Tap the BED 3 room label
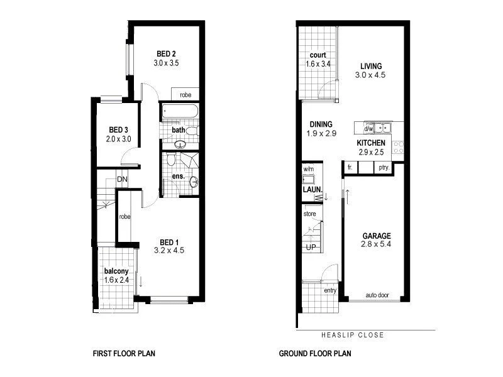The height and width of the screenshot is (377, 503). click(x=118, y=130)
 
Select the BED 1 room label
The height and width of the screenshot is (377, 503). click(x=169, y=242)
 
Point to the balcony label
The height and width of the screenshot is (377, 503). click(x=116, y=271)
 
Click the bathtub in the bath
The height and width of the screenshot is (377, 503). click(x=179, y=112)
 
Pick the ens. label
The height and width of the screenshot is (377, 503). click(x=178, y=177)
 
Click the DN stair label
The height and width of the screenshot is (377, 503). click(x=122, y=179)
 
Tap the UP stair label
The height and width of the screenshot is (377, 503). click(x=311, y=247)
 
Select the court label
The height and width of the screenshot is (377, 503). click(x=318, y=55)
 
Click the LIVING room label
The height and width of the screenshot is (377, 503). click(x=372, y=66)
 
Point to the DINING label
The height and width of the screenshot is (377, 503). click(x=321, y=124)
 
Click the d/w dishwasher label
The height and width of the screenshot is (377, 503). click(x=368, y=129)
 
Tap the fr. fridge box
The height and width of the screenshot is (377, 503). click(x=349, y=168)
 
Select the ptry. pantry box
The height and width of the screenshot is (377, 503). click(x=384, y=168)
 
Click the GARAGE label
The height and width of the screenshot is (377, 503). click(x=377, y=237)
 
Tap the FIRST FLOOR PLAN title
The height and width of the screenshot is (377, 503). click(x=124, y=354)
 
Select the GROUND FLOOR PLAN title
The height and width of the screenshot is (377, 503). click(x=315, y=354)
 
